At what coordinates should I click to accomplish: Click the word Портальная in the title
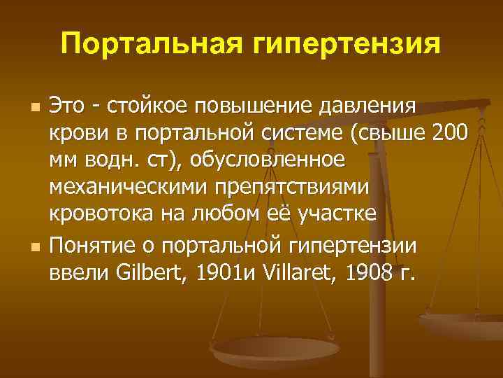point(145,43)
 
